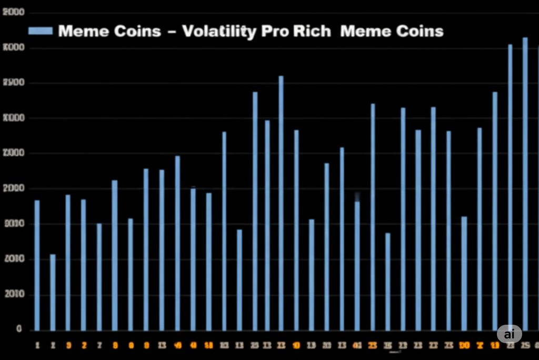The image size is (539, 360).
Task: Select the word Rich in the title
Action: click(x=313, y=31)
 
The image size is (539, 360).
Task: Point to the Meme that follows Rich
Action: click(x=366, y=31)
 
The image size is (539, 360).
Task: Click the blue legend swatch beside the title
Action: click(x=41, y=31)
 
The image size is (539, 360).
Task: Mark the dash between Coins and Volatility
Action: click(x=171, y=32)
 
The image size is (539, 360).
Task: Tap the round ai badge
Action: click(x=509, y=334)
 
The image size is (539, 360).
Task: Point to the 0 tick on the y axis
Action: click(x=19, y=329)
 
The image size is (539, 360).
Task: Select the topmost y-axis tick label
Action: click(x=14, y=13)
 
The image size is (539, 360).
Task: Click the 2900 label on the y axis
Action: click(x=14, y=83)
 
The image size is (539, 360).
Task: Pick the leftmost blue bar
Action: click(x=37, y=265)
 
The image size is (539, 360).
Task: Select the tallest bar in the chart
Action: click(x=525, y=184)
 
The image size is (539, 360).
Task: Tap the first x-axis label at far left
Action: click(x=37, y=346)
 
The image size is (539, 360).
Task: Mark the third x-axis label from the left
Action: click(x=68, y=346)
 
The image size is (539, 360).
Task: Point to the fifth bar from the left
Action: click(x=99, y=277)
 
